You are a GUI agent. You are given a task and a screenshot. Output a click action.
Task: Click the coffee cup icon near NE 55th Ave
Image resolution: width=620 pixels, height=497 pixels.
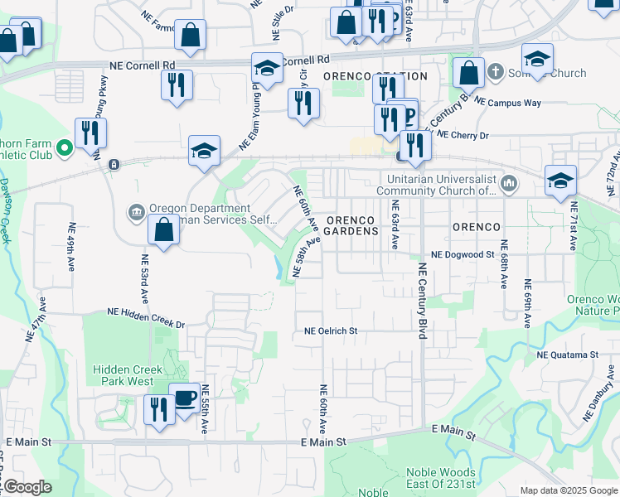183,397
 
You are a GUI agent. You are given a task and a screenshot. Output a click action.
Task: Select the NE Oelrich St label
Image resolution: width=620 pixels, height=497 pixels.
331,331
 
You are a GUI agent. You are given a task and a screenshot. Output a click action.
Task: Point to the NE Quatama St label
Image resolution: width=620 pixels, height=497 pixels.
568,355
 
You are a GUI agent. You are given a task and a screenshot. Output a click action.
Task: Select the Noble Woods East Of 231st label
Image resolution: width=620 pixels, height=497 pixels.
441,478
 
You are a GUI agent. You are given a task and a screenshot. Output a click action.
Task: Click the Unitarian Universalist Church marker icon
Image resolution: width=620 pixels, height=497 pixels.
509,183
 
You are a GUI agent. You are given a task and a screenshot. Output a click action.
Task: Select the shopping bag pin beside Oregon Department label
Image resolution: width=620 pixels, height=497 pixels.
164,229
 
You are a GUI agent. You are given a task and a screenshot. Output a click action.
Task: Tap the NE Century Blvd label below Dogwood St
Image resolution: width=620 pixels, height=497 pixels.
422,301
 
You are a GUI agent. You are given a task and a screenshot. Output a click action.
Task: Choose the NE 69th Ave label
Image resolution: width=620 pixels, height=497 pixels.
527,304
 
